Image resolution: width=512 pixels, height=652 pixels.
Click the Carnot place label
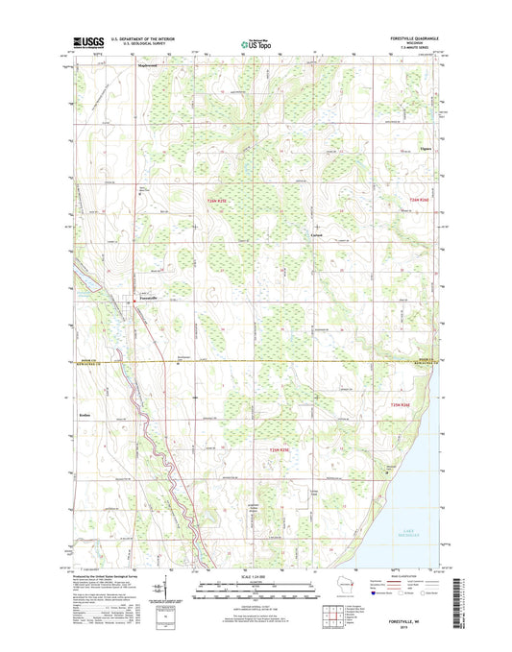317,235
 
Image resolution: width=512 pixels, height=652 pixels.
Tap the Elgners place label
426,151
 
